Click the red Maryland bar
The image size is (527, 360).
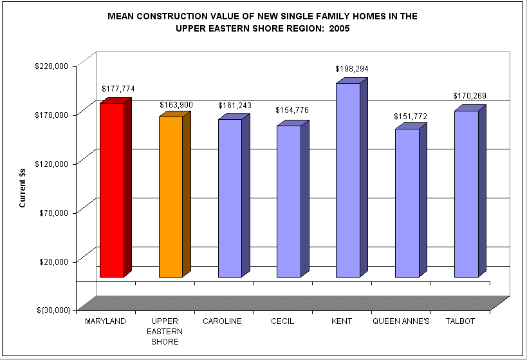point(111,190)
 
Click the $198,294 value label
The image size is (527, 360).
point(351,69)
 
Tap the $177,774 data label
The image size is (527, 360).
point(118,89)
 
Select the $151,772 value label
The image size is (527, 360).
point(410,117)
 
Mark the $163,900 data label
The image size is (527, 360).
point(176,105)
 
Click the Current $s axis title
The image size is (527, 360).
point(23,187)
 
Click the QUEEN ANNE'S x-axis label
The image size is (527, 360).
point(401,321)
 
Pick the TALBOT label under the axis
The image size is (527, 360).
point(460,321)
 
